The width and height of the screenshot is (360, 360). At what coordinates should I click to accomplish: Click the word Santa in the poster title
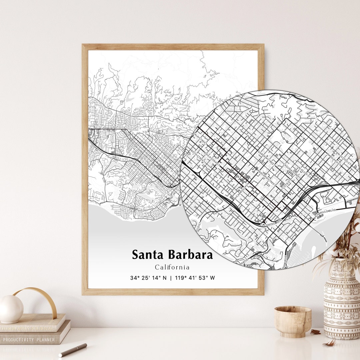[148, 255]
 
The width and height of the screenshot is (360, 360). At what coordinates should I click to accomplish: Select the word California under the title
[172, 267]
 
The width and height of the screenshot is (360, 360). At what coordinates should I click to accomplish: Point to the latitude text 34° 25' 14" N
[149, 278]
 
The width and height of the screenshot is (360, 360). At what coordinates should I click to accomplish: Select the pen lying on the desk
[73, 350]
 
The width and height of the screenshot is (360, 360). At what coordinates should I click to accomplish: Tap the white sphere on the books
[11, 309]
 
